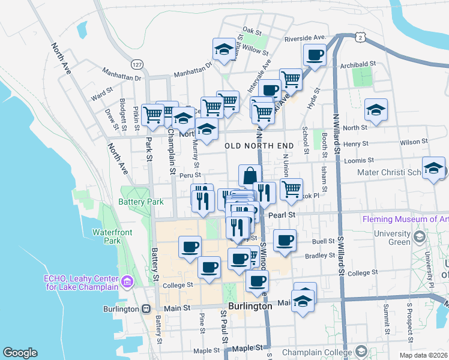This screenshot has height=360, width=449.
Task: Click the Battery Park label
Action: click(x=142, y=202)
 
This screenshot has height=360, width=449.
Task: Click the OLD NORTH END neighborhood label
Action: click(x=259, y=146)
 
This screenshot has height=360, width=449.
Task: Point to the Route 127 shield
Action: click(x=137, y=64)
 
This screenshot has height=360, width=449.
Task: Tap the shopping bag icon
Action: click(x=250, y=176)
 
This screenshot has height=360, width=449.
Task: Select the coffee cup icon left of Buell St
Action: click(x=285, y=240)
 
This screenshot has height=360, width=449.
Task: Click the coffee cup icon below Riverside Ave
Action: click(x=314, y=55)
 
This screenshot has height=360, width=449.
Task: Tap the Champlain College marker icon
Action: click(x=361, y=350)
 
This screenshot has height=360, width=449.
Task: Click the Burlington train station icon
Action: click(x=146, y=309)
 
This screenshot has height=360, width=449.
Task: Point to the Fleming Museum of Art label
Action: click(x=405, y=219)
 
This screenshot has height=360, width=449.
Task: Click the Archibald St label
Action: click(x=357, y=64)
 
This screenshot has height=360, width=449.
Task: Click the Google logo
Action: click(x=20, y=353)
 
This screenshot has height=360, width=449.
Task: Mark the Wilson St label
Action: click(x=414, y=142)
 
